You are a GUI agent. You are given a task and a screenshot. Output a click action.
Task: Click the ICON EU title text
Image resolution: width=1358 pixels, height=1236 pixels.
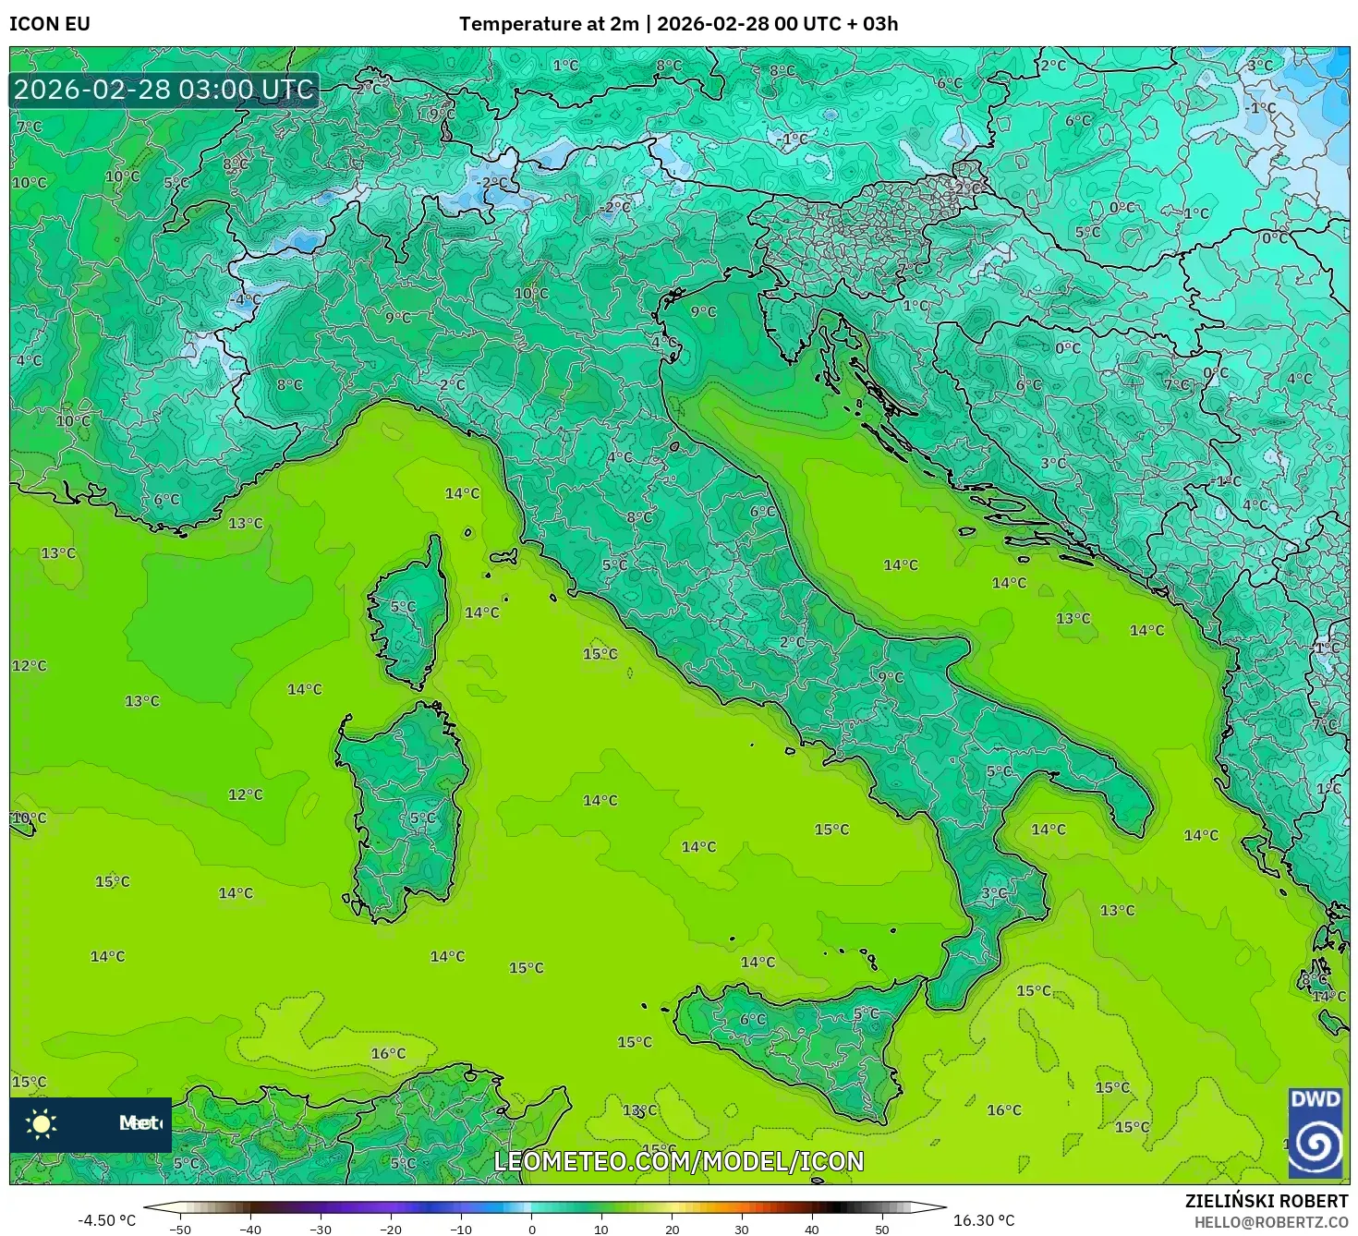pyautogui.click(x=50, y=24)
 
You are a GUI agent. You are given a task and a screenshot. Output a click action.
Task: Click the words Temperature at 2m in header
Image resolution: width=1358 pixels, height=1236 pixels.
pyautogui.click(x=549, y=24)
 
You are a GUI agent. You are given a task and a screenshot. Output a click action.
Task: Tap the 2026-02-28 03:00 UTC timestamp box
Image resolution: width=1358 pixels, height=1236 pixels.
pyautogui.click(x=164, y=90)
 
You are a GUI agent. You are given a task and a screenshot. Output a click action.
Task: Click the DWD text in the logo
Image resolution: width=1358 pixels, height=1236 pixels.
pyautogui.click(x=1315, y=1099)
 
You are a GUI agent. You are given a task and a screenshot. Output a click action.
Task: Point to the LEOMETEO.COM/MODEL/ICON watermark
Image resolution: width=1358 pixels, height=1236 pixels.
pyautogui.click(x=679, y=1161)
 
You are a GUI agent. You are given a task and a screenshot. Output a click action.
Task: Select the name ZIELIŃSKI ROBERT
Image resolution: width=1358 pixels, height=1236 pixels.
pyautogui.click(x=1267, y=1201)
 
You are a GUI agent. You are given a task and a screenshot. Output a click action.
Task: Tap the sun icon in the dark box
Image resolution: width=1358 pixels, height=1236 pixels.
pyautogui.click(x=41, y=1123)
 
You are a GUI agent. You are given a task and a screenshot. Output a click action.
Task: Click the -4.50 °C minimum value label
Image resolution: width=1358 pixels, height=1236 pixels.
pyautogui.click(x=106, y=1220)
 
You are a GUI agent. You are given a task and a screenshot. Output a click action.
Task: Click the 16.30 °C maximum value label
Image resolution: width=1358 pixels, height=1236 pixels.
pyautogui.click(x=984, y=1220)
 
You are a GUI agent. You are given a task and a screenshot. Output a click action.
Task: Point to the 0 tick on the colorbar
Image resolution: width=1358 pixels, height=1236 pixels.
pyautogui.click(x=531, y=1230)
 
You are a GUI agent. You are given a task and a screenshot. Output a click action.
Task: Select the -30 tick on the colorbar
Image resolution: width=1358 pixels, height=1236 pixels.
pyautogui.click(x=320, y=1230)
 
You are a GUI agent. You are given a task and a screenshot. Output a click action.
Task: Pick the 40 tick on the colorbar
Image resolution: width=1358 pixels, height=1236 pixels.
pyautogui.click(x=812, y=1230)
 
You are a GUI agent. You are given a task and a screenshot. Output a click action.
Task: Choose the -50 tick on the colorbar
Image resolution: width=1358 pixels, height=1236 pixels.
pyautogui.click(x=179, y=1230)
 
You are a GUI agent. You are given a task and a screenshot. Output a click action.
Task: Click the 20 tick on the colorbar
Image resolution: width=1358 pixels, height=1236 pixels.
pyautogui.click(x=672, y=1230)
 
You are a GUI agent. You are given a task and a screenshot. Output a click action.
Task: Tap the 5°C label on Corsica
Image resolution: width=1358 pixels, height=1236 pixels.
pyautogui.click(x=403, y=607)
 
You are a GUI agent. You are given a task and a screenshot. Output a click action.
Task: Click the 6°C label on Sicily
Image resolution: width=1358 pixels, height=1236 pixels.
pyautogui.click(x=753, y=1019)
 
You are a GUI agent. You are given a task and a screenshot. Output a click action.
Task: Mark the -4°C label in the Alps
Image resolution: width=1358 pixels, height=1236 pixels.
pyautogui.click(x=247, y=299)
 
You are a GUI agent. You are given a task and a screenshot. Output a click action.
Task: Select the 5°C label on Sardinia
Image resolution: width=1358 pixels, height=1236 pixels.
pyautogui.click(x=422, y=818)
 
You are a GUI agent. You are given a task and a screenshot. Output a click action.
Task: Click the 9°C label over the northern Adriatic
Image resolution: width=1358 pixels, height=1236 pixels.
pyautogui.click(x=704, y=312)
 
